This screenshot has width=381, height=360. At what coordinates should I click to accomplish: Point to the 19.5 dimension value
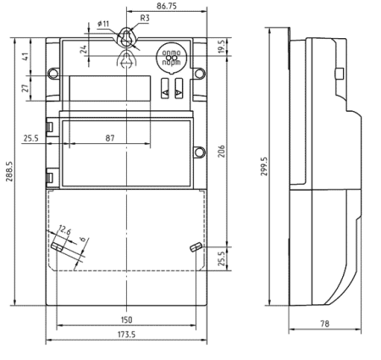point(222,47)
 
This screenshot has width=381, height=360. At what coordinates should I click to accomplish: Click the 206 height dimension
point(222,149)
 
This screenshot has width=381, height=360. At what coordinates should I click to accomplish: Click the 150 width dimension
point(125,321)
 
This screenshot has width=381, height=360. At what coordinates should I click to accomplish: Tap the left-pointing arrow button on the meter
point(165,87)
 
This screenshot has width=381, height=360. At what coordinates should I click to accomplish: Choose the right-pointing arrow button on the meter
point(179,87)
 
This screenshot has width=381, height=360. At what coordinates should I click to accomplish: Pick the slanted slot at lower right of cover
point(194,247)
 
